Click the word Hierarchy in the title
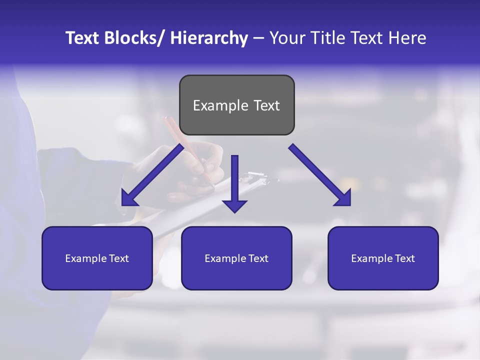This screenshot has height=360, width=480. tap(209, 38)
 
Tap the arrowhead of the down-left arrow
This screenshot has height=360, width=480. tap(129, 198)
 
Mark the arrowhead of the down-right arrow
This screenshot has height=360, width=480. tap(343, 198)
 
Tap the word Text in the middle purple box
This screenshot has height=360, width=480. tap(257, 258)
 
